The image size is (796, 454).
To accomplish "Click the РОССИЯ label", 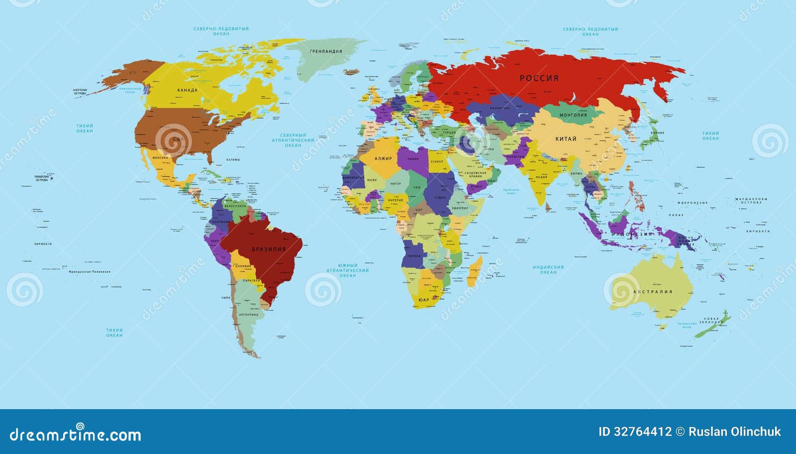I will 539,78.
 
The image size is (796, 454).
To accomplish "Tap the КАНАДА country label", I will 188,90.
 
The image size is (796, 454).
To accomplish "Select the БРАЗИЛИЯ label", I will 269,249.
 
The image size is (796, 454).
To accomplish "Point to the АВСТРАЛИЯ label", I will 653,292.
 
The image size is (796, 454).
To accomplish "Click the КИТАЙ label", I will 566,139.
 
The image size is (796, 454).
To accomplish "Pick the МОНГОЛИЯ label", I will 573,115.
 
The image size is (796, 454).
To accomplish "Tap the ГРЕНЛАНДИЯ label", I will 326,51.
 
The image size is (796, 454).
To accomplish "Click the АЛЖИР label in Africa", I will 383,158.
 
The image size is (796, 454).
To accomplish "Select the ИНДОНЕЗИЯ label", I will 631,234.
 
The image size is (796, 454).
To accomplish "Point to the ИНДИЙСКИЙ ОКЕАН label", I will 548,270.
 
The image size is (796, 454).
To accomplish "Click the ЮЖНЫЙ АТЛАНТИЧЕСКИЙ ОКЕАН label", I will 348,270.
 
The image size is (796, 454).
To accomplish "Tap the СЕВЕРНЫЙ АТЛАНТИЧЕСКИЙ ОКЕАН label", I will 293,140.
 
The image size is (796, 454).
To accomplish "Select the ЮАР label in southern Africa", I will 423,300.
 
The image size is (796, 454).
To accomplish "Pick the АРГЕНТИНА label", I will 249,315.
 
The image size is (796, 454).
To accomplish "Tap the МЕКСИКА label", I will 160,157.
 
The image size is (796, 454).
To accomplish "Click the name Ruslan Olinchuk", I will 734,432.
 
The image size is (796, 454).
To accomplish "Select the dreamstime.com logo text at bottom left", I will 76,435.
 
